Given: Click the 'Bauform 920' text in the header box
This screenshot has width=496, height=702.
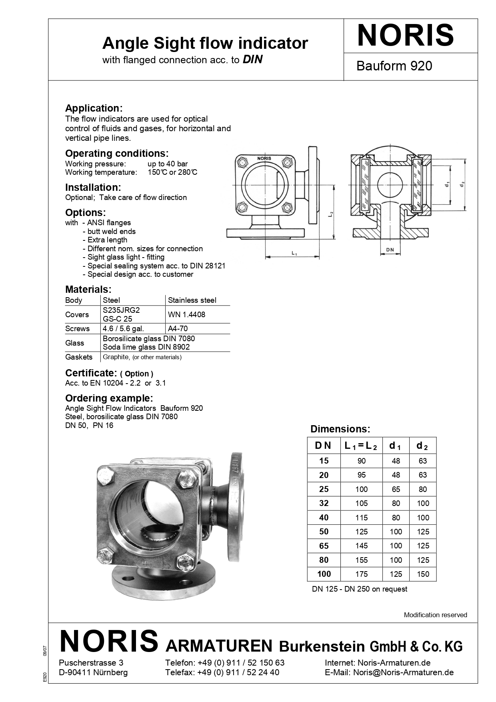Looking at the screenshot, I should pyautogui.click(x=394, y=66).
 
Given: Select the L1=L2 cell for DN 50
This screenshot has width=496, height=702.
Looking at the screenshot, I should pyautogui.click(x=361, y=532).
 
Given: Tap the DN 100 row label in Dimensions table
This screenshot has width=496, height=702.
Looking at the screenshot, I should pyautogui.click(x=324, y=574).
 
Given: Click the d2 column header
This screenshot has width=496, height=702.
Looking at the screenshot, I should pyautogui.click(x=422, y=446).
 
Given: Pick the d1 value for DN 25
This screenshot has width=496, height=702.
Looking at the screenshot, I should pyautogui.click(x=396, y=489).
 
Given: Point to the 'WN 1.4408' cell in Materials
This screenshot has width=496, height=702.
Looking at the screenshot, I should pyautogui.click(x=186, y=314).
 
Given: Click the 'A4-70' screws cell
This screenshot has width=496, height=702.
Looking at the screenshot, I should pyautogui.click(x=178, y=329).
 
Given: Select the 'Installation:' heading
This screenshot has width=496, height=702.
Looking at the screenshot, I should pyautogui.click(x=93, y=187).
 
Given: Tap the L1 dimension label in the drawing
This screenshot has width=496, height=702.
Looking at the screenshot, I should pyautogui.click(x=294, y=253).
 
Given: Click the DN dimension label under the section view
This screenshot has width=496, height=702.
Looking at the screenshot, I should pyautogui.click(x=390, y=250).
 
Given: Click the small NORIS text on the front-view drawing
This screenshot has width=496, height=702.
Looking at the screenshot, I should pyautogui.click(x=264, y=158).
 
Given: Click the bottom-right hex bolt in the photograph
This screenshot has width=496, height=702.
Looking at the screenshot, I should pyautogui.click(x=185, y=562).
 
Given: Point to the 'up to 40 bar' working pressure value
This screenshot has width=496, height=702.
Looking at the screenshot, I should pyautogui.click(x=167, y=164).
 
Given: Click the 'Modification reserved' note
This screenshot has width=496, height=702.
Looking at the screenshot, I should pyautogui.click(x=435, y=615).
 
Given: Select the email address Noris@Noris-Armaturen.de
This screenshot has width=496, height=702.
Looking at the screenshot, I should pyautogui.click(x=403, y=672).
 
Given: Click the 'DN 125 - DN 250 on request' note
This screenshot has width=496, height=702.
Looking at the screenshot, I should pyautogui.click(x=360, y=589).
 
